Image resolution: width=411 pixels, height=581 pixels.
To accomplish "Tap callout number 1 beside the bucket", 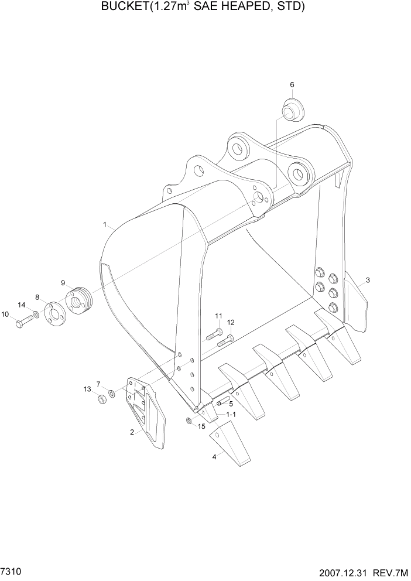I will tap(105, 224).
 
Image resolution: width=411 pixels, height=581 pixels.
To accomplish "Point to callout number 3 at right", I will tap(368, 281).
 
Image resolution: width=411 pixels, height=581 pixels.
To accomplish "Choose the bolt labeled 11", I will tap(213, 337).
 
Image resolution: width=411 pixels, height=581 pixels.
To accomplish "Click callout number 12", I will tap(231, 322).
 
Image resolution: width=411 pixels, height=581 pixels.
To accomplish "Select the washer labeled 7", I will tap(111, 392).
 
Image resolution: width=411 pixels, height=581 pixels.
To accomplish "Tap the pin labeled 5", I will tap(222, 402).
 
